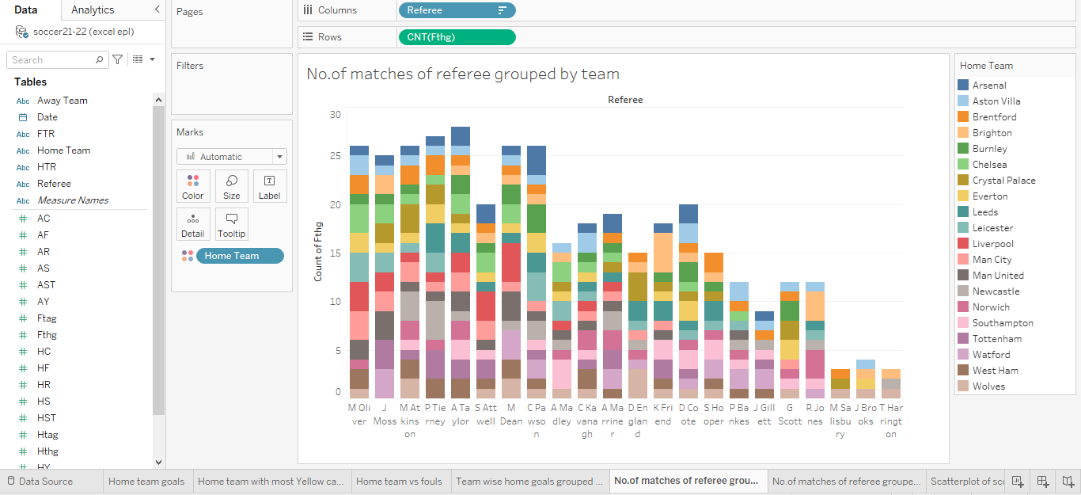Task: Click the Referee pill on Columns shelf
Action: point(447,10)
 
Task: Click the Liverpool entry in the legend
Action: point(992,244)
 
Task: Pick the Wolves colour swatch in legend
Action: point(963,386)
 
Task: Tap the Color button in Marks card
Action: point(193,186)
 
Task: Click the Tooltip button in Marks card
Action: point(232,224)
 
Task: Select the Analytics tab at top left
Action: point(93,10)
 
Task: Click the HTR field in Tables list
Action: point(47,167)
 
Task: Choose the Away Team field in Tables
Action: point(63,101)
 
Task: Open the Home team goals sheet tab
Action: point(146,481)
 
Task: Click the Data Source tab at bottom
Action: point(45,481)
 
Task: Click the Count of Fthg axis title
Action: point(318,252)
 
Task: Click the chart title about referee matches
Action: point(463,74)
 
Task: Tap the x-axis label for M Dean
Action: point(510,414)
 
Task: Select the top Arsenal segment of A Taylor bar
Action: point(461,136)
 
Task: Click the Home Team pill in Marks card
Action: point(239,256)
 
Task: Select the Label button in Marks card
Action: point(270,186)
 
